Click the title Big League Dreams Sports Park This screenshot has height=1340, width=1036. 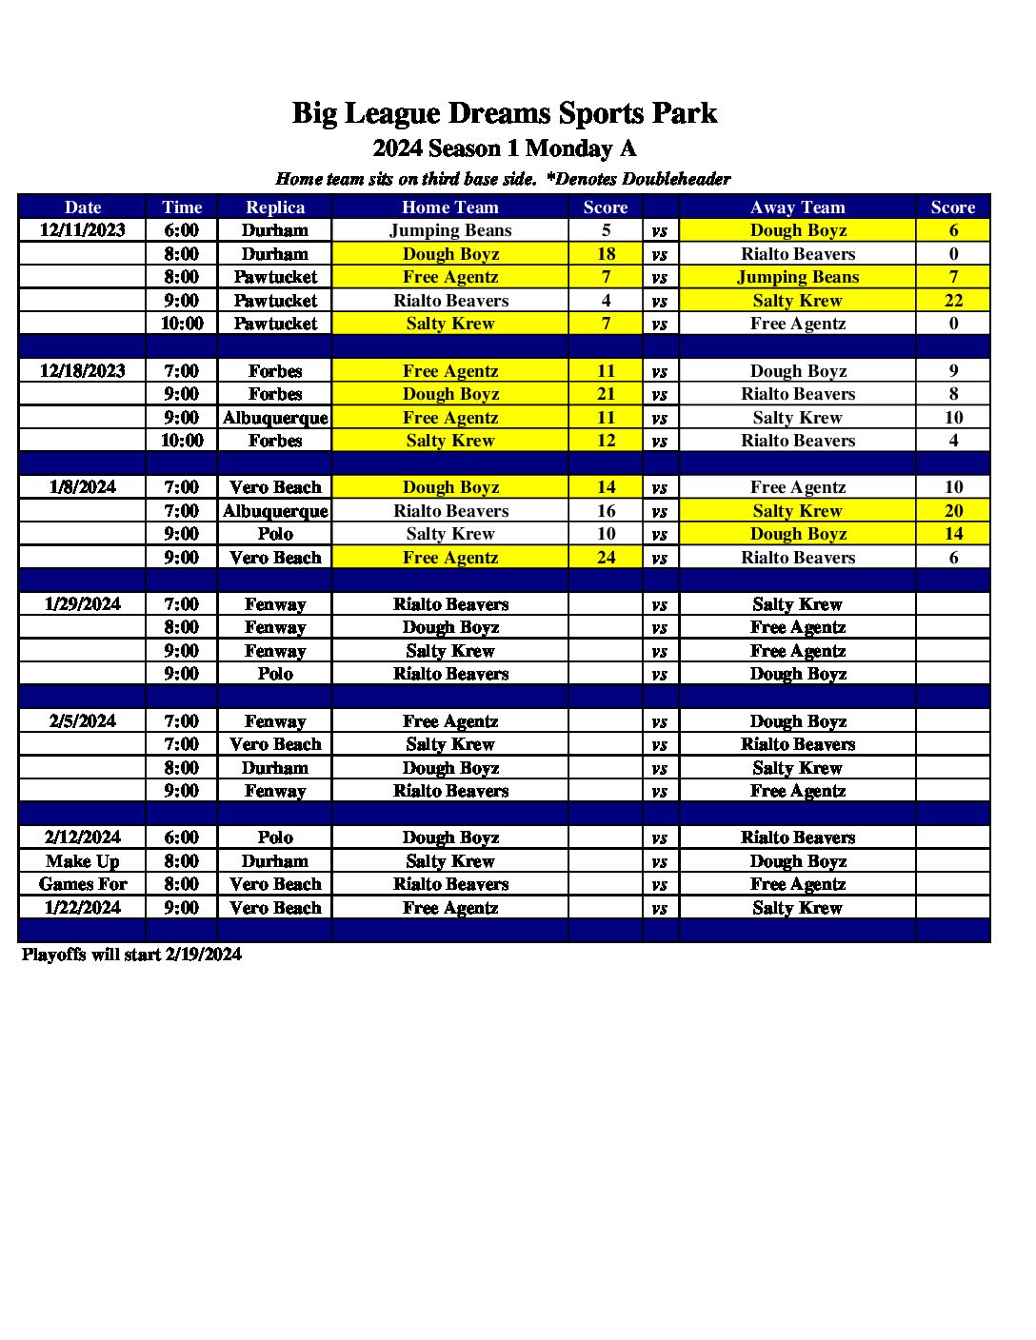point(504,113)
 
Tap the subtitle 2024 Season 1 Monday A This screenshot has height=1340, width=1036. point(504,148)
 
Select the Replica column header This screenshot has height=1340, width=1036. point(275,207)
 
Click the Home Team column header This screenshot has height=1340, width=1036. point(450,207)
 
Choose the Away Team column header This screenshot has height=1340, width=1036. point(797,207)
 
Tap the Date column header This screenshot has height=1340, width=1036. point(83,207)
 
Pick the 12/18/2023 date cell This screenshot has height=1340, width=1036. point(83,371)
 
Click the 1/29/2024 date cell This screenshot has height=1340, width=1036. point(83,604)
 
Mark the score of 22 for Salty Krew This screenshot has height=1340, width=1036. point(953,301)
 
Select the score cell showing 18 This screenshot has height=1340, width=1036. point(606,254)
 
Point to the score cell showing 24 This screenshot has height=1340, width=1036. point(606,558)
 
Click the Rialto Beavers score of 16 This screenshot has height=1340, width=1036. point(606,511)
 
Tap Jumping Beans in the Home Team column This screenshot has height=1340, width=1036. point(450,230)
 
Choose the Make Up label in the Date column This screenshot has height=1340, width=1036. point(83,861)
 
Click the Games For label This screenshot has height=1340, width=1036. point(83,884)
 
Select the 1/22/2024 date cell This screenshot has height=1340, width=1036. point(83,908)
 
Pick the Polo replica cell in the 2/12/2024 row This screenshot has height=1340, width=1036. point(275,837)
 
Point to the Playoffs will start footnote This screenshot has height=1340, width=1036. point(131,955)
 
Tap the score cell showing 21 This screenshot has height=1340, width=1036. point(606,394)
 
